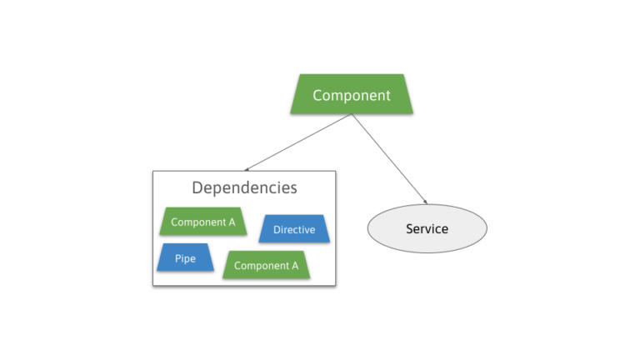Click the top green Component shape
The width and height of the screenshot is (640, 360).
coord(352,94)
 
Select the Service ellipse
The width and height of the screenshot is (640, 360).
coord(427,228)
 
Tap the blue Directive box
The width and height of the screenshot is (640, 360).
coord(294,229)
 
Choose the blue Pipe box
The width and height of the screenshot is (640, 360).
coord(185,258)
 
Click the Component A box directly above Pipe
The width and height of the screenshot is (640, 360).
coord(203,222)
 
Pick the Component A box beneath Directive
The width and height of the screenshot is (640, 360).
coord(266,265)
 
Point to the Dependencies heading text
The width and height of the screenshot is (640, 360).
coord(244,187)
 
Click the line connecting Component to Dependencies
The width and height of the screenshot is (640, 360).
coord(298,142)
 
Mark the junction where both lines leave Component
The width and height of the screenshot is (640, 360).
coord(352,115)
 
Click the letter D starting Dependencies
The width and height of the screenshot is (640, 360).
coord(197,187)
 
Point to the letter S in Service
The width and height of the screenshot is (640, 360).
coord(409,228)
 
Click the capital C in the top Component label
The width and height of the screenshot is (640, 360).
coord(317,95)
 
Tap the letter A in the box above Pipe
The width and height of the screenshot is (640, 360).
coord(231,222)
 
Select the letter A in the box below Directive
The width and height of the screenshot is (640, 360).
coord(294,266)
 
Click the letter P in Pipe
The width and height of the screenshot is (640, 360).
coord(177,258)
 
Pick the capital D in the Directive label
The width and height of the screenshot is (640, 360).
coord(277,229)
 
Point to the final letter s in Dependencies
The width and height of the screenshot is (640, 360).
coord(293,187)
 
